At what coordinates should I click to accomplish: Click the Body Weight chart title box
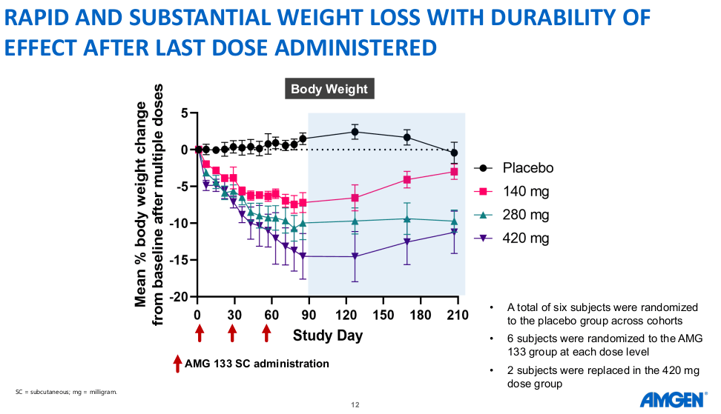pyautogui.click(x=329, y=89)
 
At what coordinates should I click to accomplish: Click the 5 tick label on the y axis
pyautogui.click(x=185, y=113)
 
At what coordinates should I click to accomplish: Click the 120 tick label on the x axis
pyautogui.click(x=346, y=315)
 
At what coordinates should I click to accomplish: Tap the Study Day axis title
pyautogui.click(x=328, y=335)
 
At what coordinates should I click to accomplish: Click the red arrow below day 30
pyautogui.click(x=232, y=333)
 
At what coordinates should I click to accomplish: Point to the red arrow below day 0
pyautogui.click(x=199, y=333)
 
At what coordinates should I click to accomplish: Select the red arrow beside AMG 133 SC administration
pyautogui.click(x=177, y=363)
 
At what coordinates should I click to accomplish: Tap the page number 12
pyautogui.click(x=355, y=405)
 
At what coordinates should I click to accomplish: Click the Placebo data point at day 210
pyautogui.click(x=454, y=153)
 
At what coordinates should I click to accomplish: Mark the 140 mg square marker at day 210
pyautogui.click(x=454, y=172)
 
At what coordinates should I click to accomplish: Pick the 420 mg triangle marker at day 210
pyautogui.click(x=454, y=233)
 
